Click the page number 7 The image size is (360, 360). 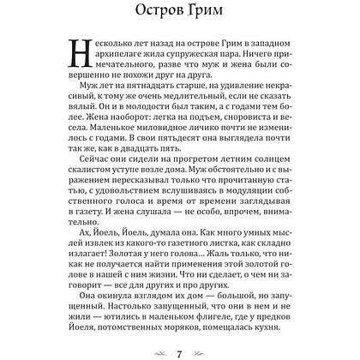click(180, 353)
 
